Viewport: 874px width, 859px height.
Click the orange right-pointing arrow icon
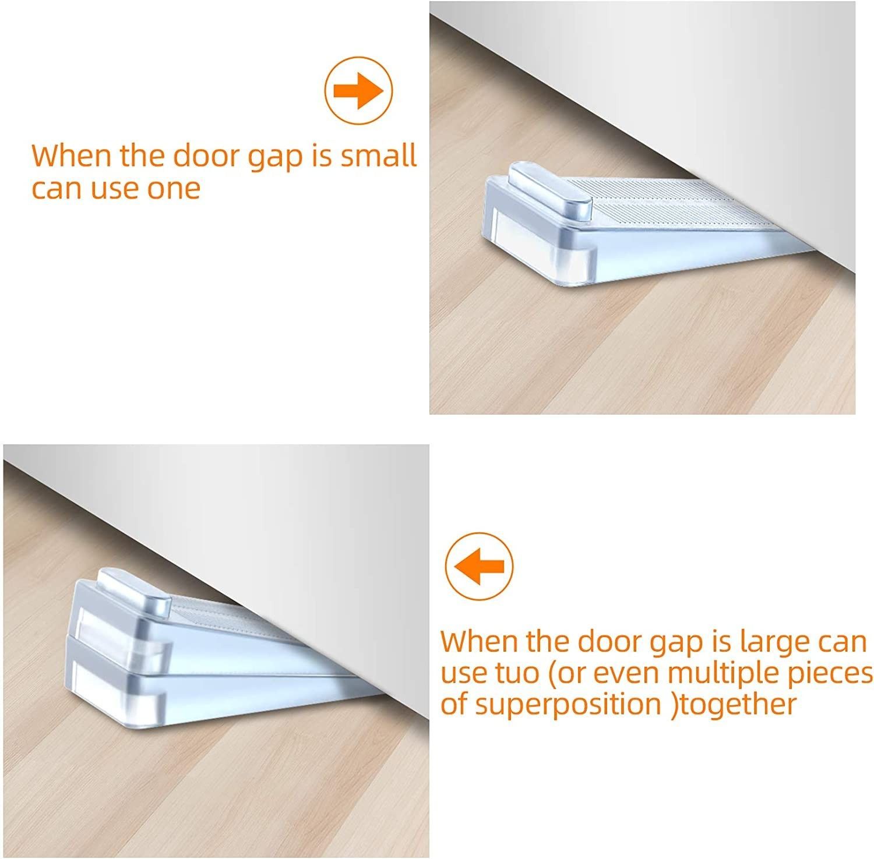[358, 91]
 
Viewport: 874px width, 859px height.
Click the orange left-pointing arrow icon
[479, 565]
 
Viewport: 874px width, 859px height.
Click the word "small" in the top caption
[379, 155]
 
